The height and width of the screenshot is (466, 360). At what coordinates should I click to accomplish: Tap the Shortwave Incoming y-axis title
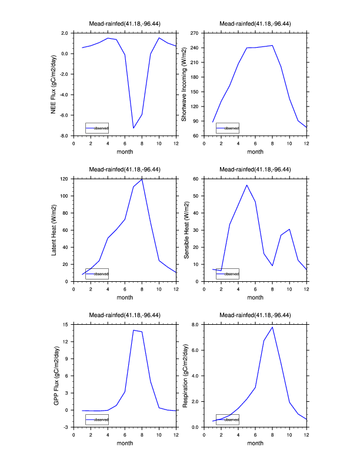184,84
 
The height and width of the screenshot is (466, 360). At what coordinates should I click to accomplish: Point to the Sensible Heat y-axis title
184,229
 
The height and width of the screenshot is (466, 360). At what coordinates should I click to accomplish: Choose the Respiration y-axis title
184,375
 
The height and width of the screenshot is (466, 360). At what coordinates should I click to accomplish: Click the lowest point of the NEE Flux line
134,128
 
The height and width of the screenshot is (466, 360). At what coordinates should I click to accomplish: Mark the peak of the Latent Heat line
142,179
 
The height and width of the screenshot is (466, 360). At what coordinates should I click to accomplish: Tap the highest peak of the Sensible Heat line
246,185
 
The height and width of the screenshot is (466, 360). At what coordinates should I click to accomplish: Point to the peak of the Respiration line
272,327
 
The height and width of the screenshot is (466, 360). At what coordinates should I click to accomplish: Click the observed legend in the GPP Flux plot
97,420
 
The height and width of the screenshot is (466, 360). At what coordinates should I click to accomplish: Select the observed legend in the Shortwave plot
228,128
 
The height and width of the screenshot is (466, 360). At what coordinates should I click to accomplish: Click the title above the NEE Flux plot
125,24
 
